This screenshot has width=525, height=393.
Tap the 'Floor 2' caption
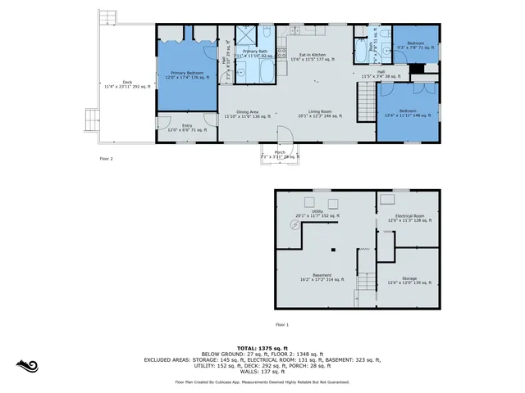(107, 159)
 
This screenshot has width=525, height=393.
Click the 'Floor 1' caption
(282, 325)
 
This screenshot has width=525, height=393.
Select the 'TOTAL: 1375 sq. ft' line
(262, 348)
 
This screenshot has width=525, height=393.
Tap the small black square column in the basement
(334, 249)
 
